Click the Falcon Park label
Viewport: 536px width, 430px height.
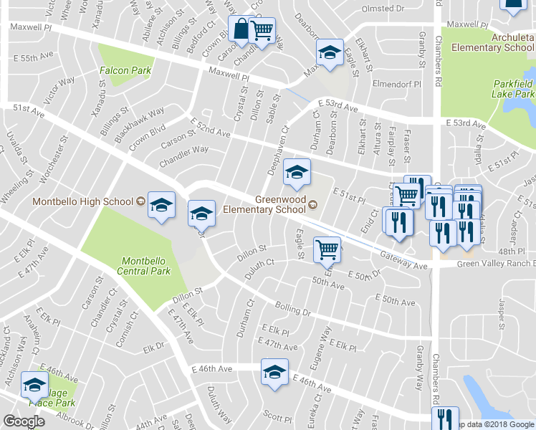point(126,70)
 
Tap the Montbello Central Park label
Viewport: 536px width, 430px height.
point(145,266)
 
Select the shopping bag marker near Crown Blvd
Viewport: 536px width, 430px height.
point(239,30)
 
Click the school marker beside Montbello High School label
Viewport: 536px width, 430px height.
point(163,206)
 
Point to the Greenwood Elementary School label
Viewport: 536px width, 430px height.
point(264,204)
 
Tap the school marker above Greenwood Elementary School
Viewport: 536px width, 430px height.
point(297,172)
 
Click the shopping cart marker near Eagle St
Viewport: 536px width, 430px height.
point(327,249)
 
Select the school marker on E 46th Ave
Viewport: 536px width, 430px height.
point(274,372)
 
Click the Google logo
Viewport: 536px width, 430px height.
point(24,421)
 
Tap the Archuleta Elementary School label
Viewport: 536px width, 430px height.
point(493,42)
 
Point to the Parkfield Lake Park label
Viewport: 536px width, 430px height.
point(513,89)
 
